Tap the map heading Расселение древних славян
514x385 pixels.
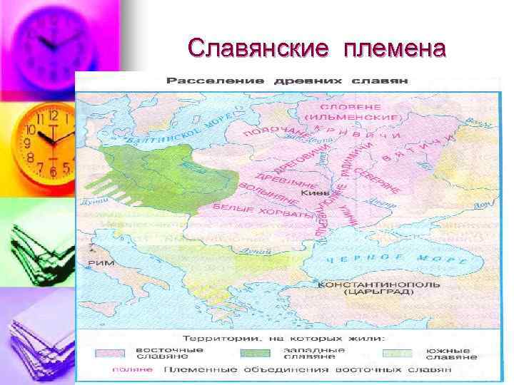[287, 81]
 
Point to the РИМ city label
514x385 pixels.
[101, 263]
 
